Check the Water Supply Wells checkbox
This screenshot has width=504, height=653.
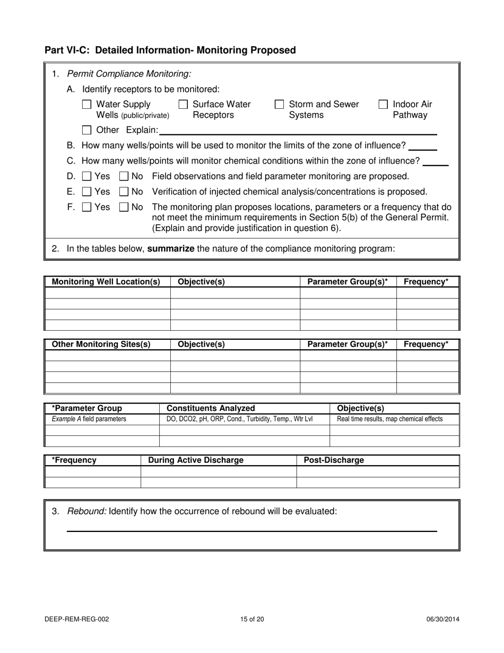(x=87, y=105)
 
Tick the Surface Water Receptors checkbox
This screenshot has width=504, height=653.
(x=183, y=105)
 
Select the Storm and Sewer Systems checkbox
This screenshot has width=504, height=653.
(x=279, y=105)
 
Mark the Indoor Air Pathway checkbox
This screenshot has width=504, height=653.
(x=383, y=105)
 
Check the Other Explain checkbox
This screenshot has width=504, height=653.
(x=87, y=130)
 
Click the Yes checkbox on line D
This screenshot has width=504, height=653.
(x=87, y=176)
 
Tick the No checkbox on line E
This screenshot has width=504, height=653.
(x=124, y=192)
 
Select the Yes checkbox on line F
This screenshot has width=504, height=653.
(x=87, y=207)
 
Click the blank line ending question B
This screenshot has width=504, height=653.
(x=422, y=149)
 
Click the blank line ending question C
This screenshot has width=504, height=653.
(x=436, y=164)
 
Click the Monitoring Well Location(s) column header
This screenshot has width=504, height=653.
(x=106, y=282)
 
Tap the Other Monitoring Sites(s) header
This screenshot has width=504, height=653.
(x=101, y=344)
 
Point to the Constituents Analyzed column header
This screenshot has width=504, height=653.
(x=211, y=408)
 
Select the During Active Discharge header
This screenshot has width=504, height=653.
(x=196, y=460)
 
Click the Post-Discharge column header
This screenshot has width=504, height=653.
(x=334, y=460)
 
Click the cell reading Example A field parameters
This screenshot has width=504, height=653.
(x=89, y=419)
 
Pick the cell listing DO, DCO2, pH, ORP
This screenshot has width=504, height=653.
(x=239, y=419)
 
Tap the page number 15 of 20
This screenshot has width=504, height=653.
(x=252, y=619)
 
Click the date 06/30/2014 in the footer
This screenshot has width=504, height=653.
(x=442, y=619)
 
